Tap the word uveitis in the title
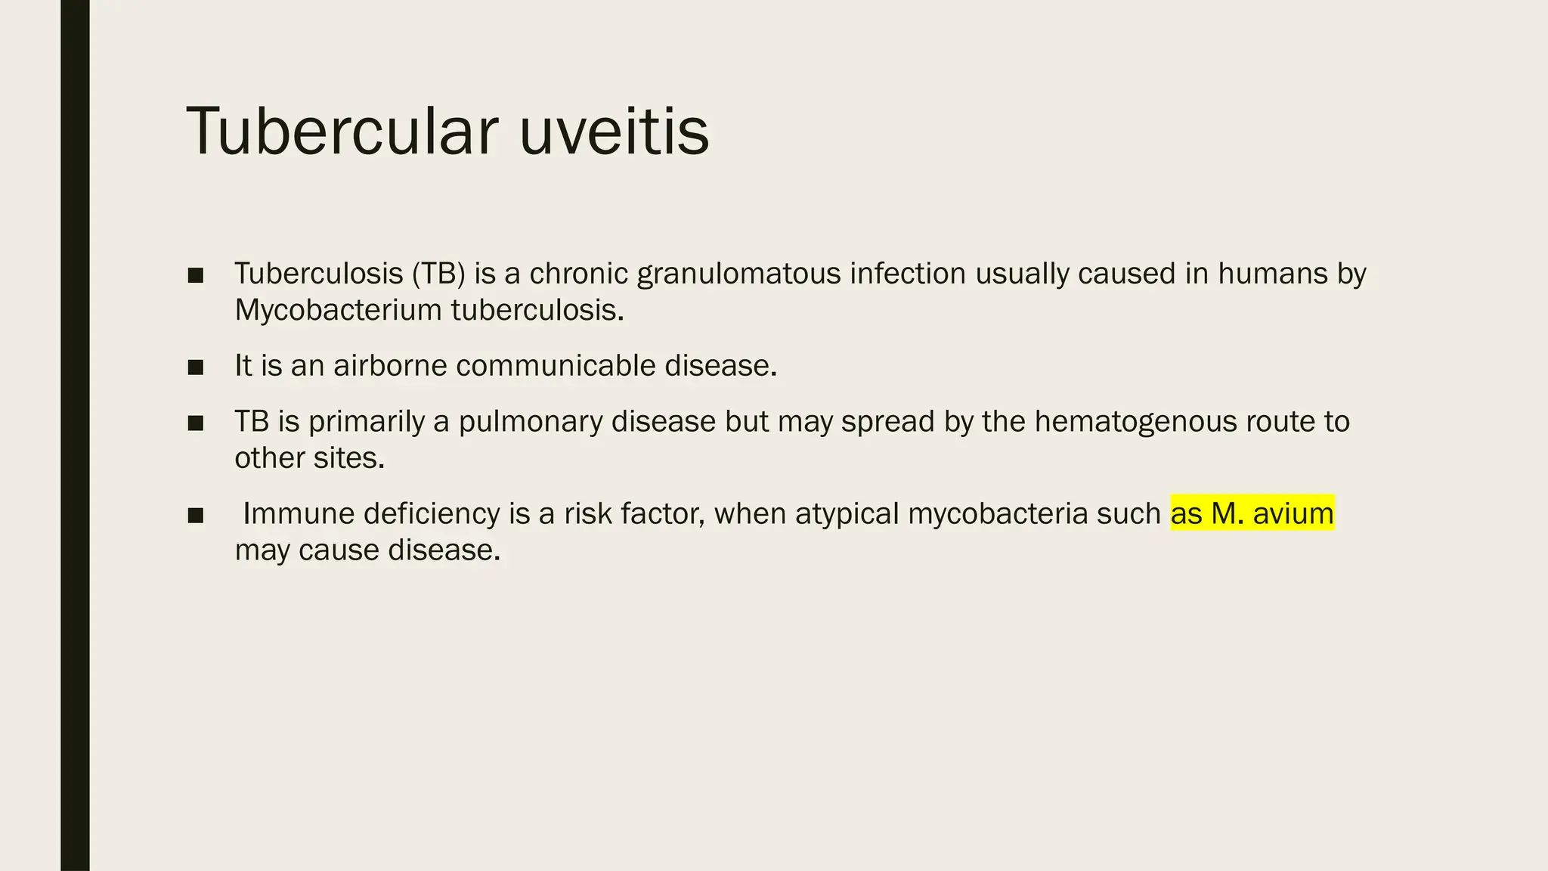(614, 132)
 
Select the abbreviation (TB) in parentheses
(438, 274)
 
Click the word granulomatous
(738, 274)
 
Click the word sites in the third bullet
(354, 458)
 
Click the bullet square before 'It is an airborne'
(196, 367)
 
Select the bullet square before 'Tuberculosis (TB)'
(196, 275)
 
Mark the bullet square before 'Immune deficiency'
(196, 516)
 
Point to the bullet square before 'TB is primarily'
(196, 423)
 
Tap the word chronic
(578, 274)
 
